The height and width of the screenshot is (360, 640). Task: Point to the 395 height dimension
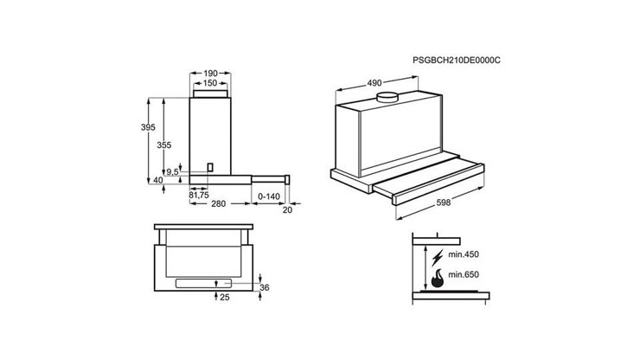tap(147, 127)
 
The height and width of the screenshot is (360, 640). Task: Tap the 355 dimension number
tap(164, 145)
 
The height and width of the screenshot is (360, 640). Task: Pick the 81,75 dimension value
tap(199, 195)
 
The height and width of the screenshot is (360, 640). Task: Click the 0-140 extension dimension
tap(268, 196)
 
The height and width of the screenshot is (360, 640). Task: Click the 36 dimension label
tap(265, 287)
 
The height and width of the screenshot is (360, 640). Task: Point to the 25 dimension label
tap(223, 298)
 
